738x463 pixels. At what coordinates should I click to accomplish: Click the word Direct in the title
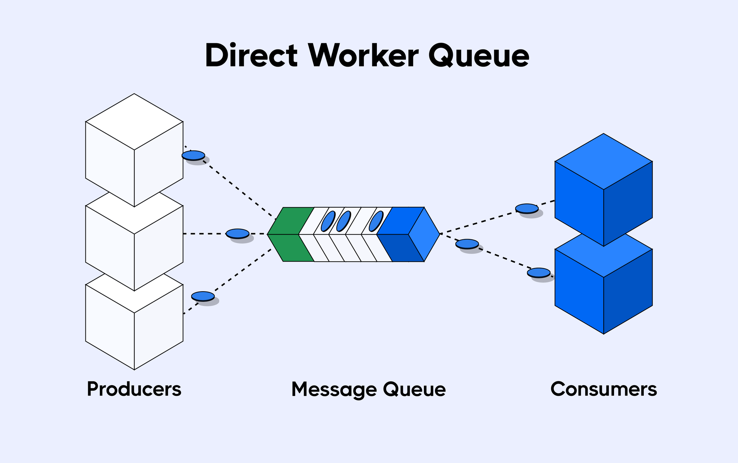point(251,56)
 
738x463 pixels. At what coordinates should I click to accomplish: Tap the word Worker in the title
point(363,56)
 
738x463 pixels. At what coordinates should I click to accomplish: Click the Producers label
point(134,389)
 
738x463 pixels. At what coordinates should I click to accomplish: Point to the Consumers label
point(603,389)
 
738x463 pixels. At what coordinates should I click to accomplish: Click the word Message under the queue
point(334,390)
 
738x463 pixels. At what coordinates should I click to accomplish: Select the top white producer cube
point(134,150)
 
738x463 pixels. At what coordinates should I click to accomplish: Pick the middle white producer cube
point(134,246)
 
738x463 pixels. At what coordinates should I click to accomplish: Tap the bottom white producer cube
point(134,328)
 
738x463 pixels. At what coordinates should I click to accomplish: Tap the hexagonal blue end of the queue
point(424,234)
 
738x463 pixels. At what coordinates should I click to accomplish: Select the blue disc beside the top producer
point(193,155)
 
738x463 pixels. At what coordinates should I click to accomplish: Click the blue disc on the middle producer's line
point(237,234)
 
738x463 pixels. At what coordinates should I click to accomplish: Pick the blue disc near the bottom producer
point(203,296)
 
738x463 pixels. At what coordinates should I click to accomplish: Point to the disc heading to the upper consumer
point(527,208)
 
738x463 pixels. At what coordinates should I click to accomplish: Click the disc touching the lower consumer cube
point(538,272)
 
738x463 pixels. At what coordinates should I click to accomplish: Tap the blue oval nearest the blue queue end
point(376,221)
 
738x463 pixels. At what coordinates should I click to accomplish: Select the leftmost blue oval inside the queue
point(328,221)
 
